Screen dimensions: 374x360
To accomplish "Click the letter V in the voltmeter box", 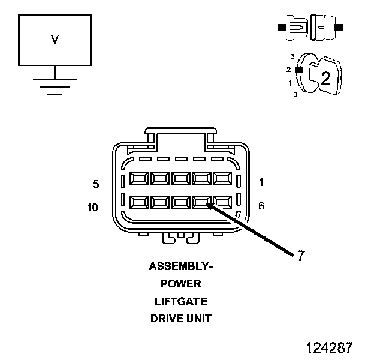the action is pos(55,40).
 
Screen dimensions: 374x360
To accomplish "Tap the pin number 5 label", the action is pos(96,184).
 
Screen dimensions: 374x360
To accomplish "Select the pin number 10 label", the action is pos(92,207).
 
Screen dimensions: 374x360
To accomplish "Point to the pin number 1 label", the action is pos(261,182).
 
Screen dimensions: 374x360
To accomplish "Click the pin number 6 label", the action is pos(261,206).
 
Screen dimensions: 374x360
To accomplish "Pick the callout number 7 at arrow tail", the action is pos(301,256).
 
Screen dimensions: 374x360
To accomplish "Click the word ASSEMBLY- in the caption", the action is pos(181,266).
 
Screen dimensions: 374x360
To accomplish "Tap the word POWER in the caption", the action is pos(181,284).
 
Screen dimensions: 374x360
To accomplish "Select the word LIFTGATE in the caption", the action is pos(181,302).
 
